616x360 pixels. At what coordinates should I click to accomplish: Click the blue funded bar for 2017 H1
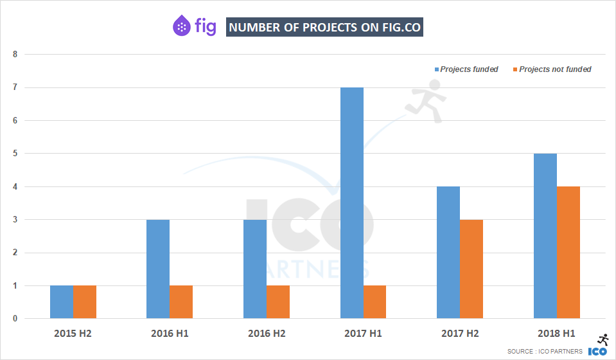pyautogui.click(x=351, y=203)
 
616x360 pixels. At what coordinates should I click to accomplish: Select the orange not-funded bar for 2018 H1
pyautogui.click(x=568, y=252)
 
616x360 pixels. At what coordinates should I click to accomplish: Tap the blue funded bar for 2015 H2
pyautogui.click(x=62, y=301)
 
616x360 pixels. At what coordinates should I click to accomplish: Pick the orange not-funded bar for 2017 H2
pyautogui.click(x=471, y=269)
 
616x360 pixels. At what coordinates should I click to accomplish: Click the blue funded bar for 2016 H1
pyautogui.click(x=158, y=269)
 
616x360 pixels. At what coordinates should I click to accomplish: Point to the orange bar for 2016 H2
pyautogui.click(x=278, y=301)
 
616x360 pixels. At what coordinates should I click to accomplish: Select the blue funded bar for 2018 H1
pyautogui.click(x=545, y=236)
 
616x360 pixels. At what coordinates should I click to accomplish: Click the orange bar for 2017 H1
pyautogui.click(x=374, y=301)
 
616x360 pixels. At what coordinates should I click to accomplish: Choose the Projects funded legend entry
pyautogui.click(x=466, y=69)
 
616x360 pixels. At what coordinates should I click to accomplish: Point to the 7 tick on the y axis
pyautogui.click(x=15, y=87)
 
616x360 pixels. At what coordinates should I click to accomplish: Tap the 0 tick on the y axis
pyautogui.click(x=15, y=318)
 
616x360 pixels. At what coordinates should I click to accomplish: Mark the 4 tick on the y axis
pyautogui.click(x=15, y=186)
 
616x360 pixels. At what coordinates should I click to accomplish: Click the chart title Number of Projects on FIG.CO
pyautogui.click(x=325, y=27)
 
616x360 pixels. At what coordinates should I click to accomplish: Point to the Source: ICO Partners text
pyautogui.click(x=545, y=351)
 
